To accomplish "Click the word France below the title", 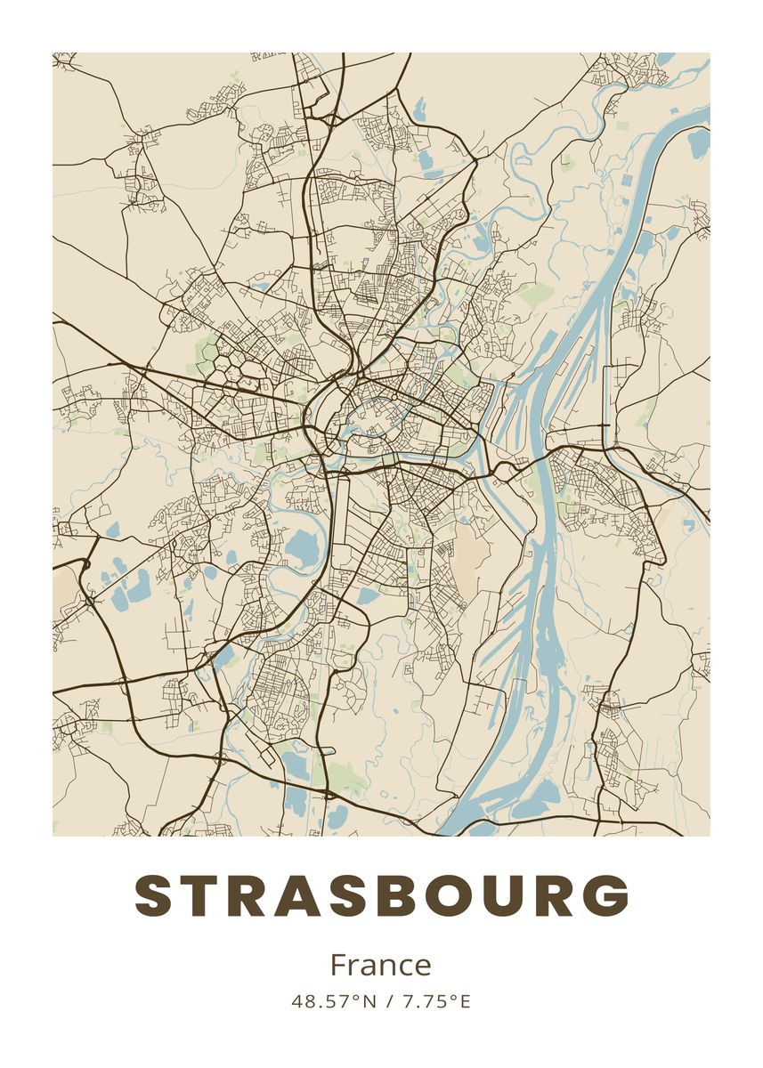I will point(380,965).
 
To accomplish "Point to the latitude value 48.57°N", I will point(334,1001).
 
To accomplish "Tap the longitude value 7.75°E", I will point(436,1001).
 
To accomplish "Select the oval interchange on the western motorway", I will point(90,602).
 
